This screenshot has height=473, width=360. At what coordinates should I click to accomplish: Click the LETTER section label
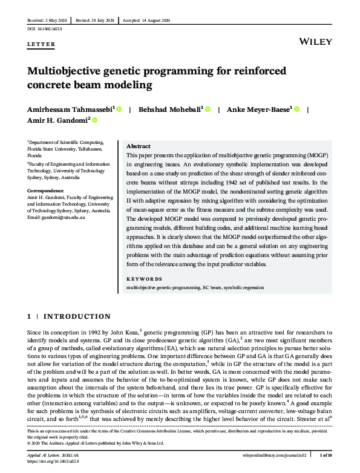click(41, 44)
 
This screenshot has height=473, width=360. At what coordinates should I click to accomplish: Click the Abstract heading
click(138, 146)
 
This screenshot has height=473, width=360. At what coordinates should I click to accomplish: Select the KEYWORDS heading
click(145, 279)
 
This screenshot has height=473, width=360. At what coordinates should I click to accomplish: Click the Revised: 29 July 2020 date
click(94, 21)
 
